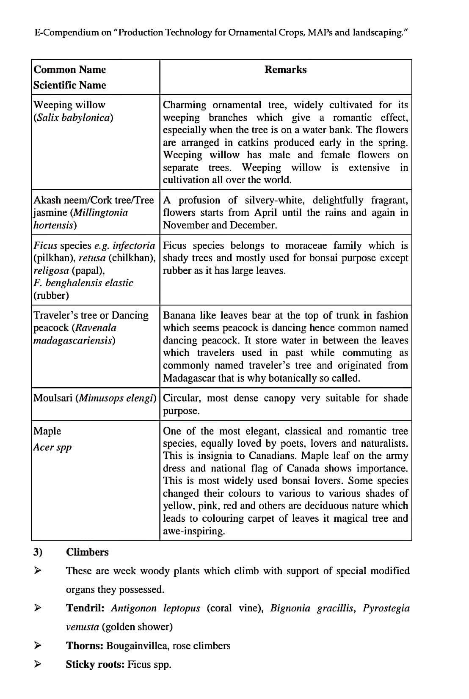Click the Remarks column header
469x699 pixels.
[285, 70]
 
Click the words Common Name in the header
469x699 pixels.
[69, 70]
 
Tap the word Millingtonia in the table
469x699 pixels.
[101, 212]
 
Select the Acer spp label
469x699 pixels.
[52, 447]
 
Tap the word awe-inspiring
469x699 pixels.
[194, 531]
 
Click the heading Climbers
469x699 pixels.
[87, 552]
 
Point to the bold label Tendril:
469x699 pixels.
[85, 608]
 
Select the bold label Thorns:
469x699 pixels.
[84, 646]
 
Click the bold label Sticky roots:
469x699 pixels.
[95, 664]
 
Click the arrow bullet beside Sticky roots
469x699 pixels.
[38, 664]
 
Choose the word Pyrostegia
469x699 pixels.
[386, 608]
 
